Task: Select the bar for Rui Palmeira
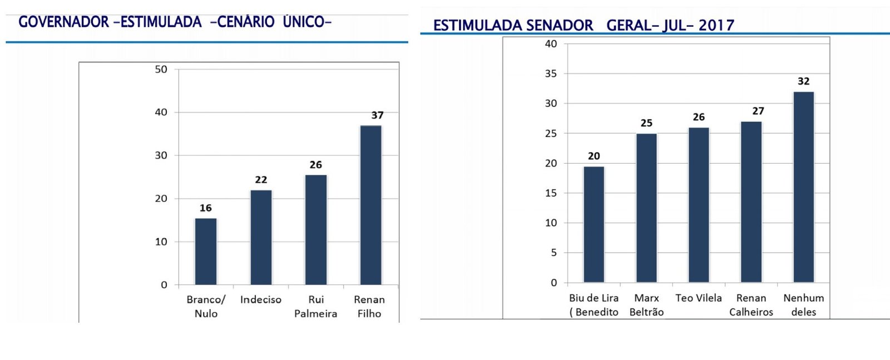[x=316, y=230]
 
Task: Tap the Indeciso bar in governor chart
[x=261, y=238]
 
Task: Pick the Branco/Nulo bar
[x=206, y=251]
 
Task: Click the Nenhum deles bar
[x=803, y=187]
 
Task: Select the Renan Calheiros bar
[x=751, y=202]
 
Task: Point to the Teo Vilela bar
[x=699, y=205]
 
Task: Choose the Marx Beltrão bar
[x=646, y=208]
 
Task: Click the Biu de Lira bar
[x=594, y=224]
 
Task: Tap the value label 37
[x=377, y=115]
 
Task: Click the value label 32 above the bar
[x=803, y=81]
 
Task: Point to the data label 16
[x=206, y=208]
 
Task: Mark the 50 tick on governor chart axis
[x=161, y=70]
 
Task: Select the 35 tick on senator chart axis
[x=551, y=73]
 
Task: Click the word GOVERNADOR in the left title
[x=63, y=22]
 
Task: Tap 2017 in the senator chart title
[x=716, y=26]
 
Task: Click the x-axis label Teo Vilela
[x=699, y=298]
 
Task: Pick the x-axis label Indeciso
[x=261, y=299]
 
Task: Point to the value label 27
[x=758, y=111]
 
